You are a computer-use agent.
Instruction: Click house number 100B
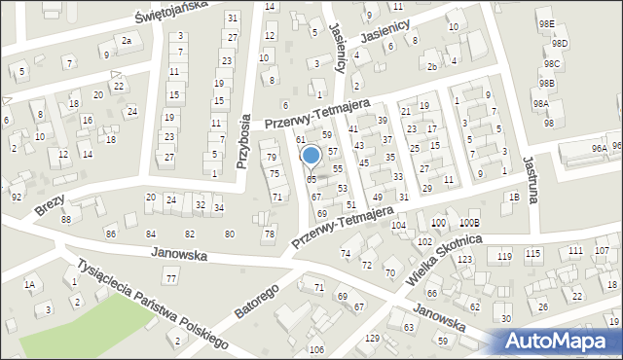click(470, 224)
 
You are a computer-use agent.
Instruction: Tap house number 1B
click(513, 197)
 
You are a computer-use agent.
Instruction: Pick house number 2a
click(126, 40)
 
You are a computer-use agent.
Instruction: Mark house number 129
click(372, 338)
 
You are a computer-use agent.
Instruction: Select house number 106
click(315, 349)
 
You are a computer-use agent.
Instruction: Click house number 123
click(465, 259)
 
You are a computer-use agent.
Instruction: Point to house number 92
click(16, 197)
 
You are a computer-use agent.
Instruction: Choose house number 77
click(170, 279)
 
